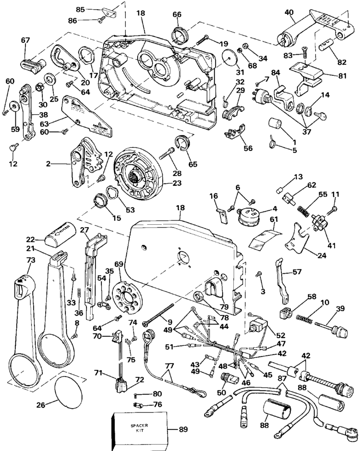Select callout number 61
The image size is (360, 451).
coord(274,219)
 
